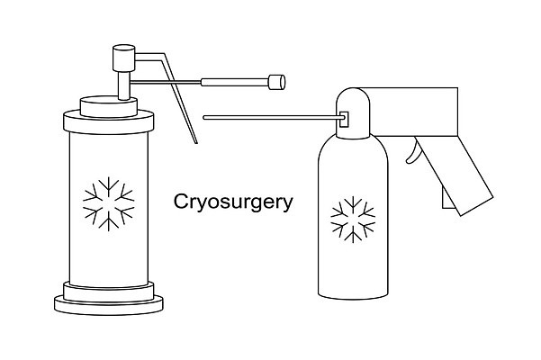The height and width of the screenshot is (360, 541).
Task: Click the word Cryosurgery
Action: [x=233, y=202]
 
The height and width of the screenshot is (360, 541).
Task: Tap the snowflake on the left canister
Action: [x=109, y=203]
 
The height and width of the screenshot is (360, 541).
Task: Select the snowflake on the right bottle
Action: [x=353, y=220]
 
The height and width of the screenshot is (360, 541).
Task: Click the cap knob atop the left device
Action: [x=124, y=58]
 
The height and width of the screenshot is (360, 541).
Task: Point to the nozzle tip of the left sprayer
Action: [x=277, y=82]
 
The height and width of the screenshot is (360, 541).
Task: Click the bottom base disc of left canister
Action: [x=109, y=305]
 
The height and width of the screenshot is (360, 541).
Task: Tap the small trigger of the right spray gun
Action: [x=412, y=153]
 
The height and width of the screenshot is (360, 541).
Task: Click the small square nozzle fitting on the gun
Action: [x=344, y=120]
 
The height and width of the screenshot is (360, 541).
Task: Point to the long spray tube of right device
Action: [x=274, y=118]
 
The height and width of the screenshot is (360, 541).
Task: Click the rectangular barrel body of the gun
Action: [x=413, y=112]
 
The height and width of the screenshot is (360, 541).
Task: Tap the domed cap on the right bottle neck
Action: [x=353, y=113]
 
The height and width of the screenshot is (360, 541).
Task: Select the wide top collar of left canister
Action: [x=109, y=121]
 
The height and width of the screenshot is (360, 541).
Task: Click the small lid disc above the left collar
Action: [x=109, y=106]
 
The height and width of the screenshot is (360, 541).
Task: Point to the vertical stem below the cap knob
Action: [x=124, y=85]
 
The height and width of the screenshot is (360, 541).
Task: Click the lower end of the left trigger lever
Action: [x=196, y=143]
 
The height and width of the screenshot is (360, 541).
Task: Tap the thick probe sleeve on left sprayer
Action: [x=235, y=83]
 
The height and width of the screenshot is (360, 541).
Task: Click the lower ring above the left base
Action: [x=109, y=292]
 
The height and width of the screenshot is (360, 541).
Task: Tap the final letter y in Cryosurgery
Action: [x=288, y=205]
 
